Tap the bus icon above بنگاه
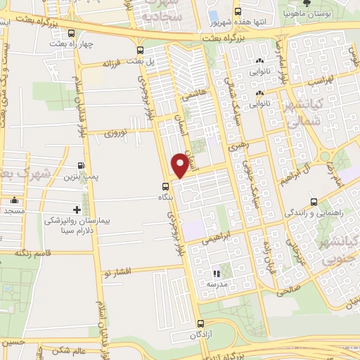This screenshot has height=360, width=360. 165,186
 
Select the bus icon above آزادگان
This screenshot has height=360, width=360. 202,324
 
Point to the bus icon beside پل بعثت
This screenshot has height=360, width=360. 141,50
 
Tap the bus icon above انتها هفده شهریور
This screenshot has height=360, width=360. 238,11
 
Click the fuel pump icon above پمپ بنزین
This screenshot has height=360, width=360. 82,167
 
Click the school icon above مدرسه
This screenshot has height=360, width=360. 217,274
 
